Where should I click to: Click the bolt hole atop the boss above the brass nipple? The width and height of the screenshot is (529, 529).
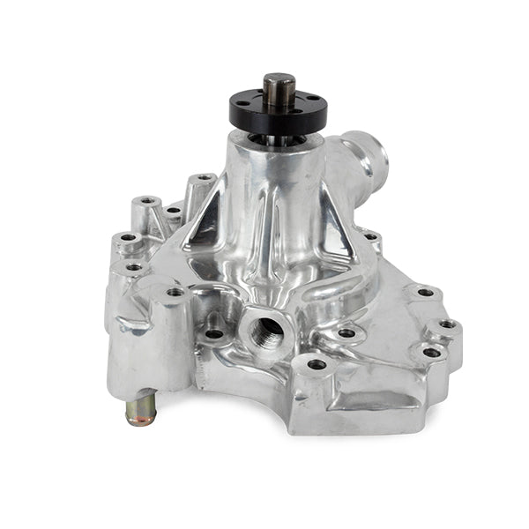175,292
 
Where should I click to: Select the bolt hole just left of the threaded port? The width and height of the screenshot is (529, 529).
214,334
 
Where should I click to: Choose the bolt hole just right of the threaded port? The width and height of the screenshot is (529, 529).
347,334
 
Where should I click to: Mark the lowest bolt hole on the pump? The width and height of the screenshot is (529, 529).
316,363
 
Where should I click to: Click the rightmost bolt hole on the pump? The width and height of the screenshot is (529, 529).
447,324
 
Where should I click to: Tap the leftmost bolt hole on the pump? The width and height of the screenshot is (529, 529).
128,237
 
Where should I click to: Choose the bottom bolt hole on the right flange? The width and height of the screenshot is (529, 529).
431,352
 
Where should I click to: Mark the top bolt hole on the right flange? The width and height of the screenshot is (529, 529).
424,292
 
